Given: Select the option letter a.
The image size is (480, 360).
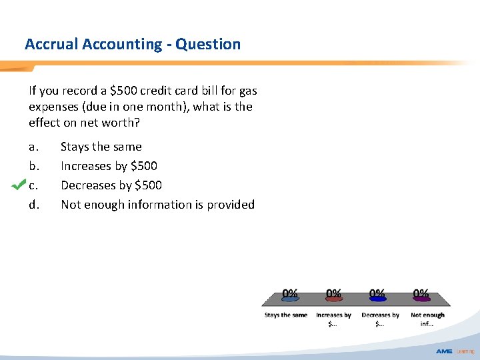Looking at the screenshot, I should [x=33, y=147].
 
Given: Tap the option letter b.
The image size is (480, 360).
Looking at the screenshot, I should [x=34, y=165].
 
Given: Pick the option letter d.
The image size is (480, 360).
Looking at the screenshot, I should [x=34, y=205].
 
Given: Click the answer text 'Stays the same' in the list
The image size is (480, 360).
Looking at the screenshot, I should [x=101, y=147].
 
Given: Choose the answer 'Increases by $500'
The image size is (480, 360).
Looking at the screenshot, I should [x=109, y=165].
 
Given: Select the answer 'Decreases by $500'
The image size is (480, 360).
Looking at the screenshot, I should [x=111, y=185].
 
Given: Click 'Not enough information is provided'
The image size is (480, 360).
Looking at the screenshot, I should [x=157, y=205].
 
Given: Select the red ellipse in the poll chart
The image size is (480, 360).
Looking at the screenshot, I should [x=333, y=299].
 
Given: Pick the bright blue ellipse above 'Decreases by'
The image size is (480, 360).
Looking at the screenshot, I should [x=377, y=299].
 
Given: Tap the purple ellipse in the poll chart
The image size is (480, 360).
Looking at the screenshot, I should [x=421, y=299].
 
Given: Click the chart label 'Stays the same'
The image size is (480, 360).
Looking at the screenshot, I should [x=286, y=315].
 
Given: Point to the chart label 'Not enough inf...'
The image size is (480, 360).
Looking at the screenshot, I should [x=427, y=319].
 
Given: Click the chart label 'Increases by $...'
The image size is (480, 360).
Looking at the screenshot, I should [x=333, y=319].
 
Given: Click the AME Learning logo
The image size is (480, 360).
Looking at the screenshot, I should [x=455, y=351].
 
